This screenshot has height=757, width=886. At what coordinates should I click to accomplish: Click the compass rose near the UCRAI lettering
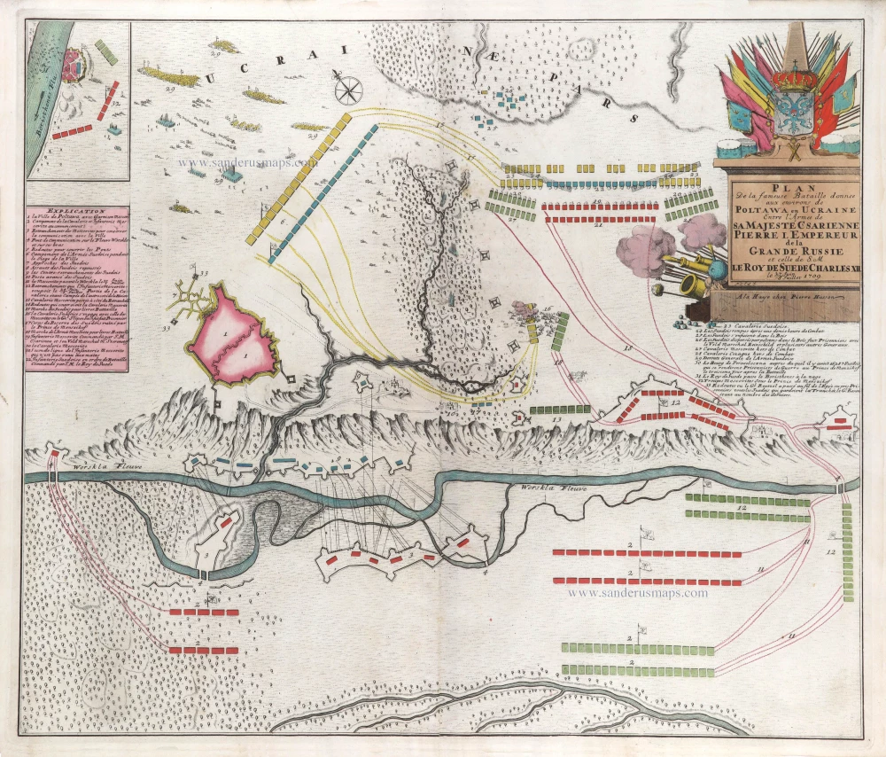point(349,89)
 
